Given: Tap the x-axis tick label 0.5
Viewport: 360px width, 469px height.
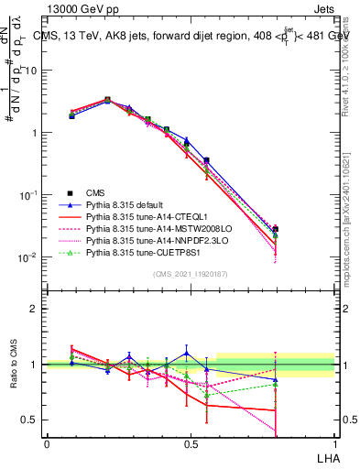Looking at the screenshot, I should point(191,442).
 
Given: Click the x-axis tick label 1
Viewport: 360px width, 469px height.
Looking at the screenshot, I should point(335,442).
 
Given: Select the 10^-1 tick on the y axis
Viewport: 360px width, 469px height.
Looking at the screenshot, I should point(29,195).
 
